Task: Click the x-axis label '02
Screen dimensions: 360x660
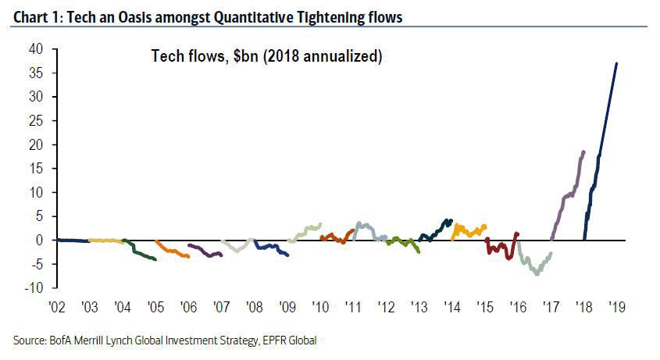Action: (55, 308)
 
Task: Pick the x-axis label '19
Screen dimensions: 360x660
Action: (616, 308)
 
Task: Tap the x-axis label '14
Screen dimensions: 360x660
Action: (451, 308)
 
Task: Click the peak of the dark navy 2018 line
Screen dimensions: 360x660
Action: (617, 63)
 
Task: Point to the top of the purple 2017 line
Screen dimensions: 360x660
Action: (583, 151)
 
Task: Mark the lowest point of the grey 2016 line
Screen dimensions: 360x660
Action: (537, 274)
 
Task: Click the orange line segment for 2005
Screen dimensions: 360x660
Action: (173, 250)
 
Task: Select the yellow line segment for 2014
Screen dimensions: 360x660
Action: (469, 230)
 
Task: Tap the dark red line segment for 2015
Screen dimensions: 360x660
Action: (500, 248)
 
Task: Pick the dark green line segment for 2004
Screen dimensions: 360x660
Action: (141, 251)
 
